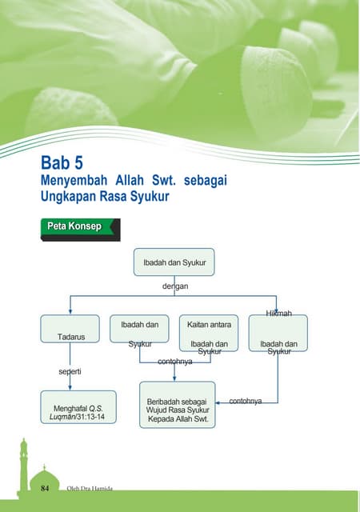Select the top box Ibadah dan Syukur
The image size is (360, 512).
tap(174, 262)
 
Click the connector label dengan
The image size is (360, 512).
tap(175, 284)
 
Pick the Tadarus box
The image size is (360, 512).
tap(70, 335)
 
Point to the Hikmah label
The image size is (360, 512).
tap(279, 313)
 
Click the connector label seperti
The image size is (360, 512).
tap(70, 372)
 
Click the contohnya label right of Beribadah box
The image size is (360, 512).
tap(246, 399)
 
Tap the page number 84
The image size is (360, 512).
tap(46, 487)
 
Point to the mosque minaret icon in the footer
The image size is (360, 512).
tap(23, 464)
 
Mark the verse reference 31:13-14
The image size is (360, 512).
tap(91, 418)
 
